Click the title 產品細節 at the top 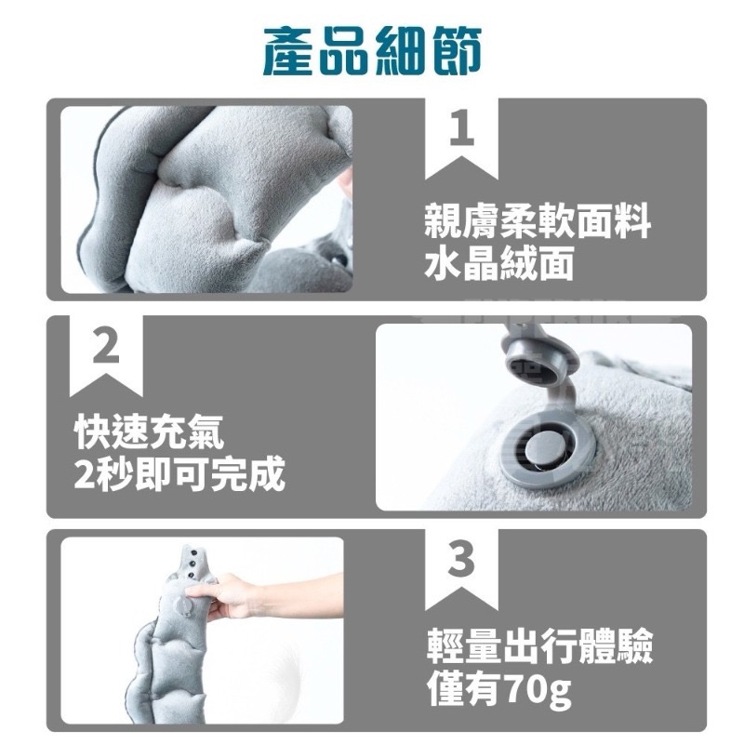[372, 50]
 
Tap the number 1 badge [461, 131]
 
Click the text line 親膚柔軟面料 [537, 224]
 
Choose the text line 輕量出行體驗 [538, 647]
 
